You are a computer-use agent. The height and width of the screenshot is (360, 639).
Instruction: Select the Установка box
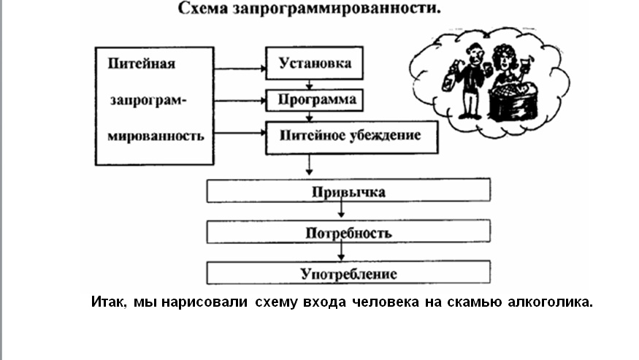tap(315, 62)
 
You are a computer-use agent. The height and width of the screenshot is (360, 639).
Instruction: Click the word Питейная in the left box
tap(141, 63)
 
